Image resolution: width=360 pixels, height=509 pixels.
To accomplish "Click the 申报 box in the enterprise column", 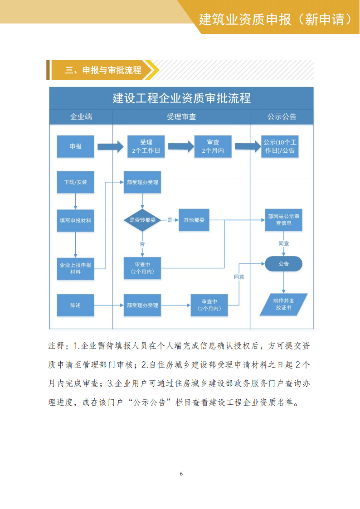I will click(75, 146).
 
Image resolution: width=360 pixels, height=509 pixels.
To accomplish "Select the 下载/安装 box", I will click(75, 182).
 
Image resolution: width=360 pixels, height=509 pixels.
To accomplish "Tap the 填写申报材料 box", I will click(75, 220).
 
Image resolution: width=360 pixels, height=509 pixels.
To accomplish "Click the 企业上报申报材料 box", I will click(75, 268).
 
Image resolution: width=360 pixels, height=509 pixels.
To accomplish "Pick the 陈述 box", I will click(75, 305).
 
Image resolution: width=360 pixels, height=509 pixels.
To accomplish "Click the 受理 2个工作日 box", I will click(146, 146).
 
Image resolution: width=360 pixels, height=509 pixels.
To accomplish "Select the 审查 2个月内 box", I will click(213, 146).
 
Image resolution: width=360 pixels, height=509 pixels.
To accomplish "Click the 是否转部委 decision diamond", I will click(142, 220).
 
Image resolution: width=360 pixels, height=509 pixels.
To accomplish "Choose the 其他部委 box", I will click(194, 220).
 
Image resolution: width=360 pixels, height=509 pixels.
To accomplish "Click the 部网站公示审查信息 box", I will click(283, 220).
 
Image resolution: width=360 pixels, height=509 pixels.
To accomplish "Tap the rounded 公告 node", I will click(283, 264).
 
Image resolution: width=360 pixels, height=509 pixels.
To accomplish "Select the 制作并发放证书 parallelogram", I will click(283, 304).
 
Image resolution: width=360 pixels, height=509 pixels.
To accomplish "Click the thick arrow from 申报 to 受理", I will click(111, 146).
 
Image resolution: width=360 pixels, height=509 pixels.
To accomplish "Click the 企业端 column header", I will click(81, 116).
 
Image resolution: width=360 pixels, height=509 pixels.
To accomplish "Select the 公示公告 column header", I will click(282, 116).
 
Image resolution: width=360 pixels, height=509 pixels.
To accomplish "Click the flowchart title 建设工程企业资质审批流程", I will click(181, 98).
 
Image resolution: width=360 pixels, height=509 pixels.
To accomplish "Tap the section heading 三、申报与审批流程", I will click(103, 70).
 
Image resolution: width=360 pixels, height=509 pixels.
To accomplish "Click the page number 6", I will click(181, 474).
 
